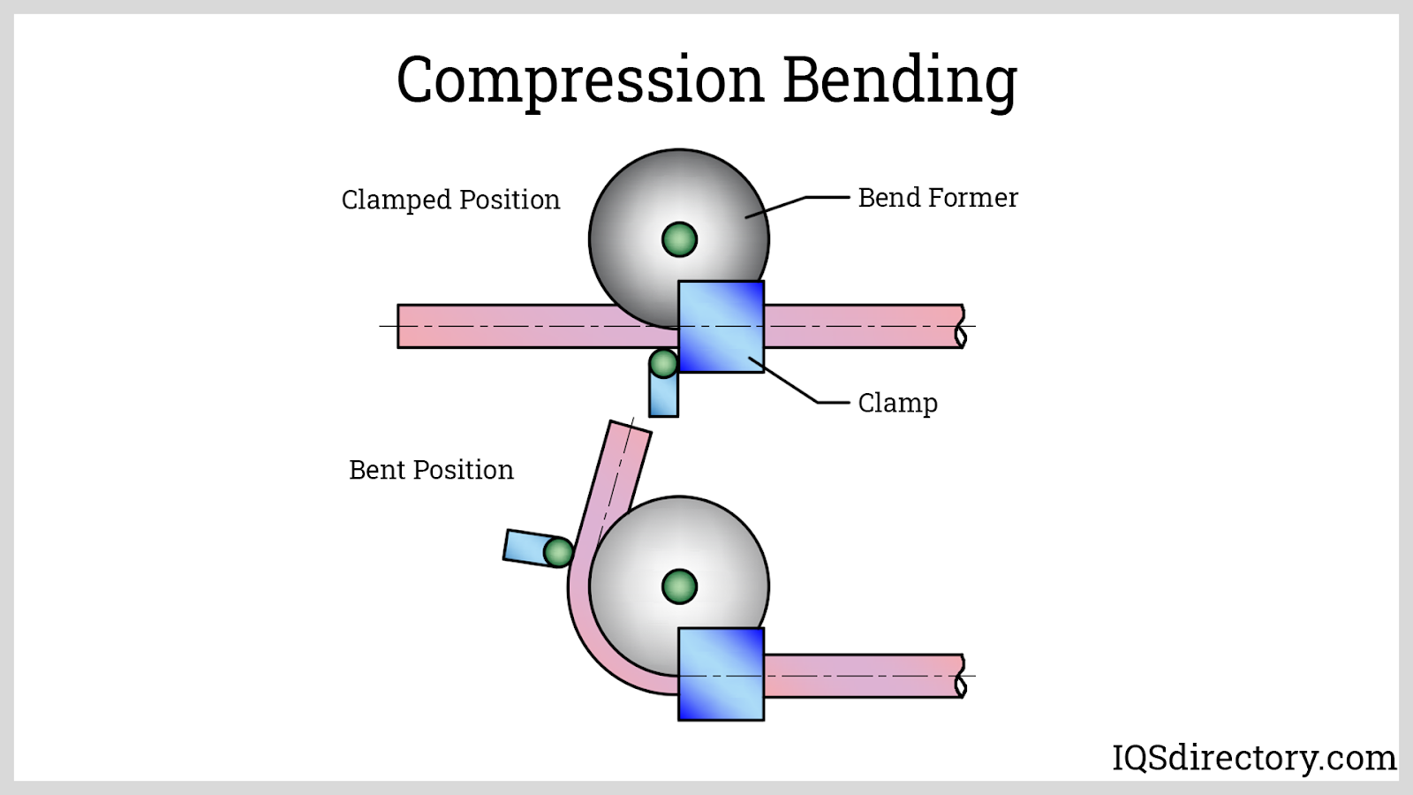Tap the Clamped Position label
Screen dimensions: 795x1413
coord(450,200)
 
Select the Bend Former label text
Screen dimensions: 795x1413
coord(938,198)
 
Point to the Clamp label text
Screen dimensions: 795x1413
coord(897,403)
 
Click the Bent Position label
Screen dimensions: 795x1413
coord(431,470)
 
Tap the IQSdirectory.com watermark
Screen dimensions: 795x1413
coord(1253,758)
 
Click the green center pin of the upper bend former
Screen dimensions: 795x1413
coord(679,239)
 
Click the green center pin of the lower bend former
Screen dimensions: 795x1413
coord(679,587)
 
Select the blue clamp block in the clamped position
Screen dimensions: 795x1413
coord(721,327)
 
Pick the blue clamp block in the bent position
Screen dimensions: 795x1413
coord(721,674)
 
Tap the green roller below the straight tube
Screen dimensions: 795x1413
coord(663,363)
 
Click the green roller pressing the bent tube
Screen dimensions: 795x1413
coord(558,553)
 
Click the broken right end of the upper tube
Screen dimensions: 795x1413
coord(960,327)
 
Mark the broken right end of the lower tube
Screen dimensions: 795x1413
coord(960,677)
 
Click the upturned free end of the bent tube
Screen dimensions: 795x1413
coord(629,435)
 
